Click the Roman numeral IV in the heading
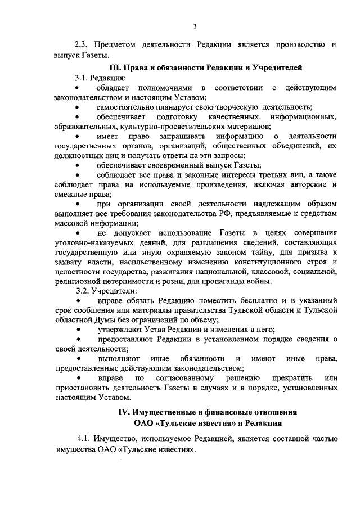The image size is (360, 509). point(124,413)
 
